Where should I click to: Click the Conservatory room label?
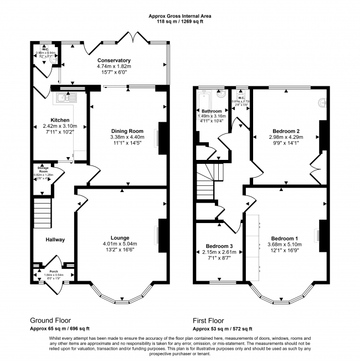[114, 60]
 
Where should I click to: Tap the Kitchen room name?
[60, 120]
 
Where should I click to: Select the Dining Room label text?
[127, 131]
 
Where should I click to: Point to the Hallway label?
[55, 240]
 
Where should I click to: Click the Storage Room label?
[43, 169]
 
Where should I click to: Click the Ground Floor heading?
[53, 320]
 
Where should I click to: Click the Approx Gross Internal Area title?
[179, 16]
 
